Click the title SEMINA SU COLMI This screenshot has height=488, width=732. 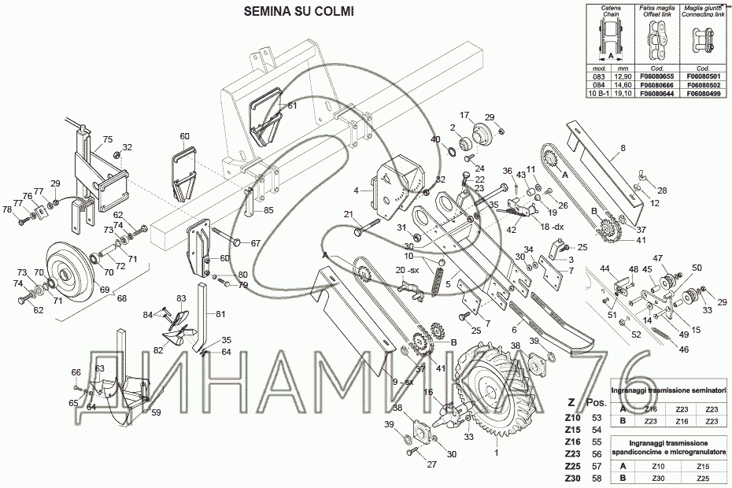coord(294,12)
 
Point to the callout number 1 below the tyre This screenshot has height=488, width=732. coord(496,453)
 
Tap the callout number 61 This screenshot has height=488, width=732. coord(292,105)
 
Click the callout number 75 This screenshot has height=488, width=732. coord(108,139)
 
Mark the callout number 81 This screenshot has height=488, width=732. coord(221,315)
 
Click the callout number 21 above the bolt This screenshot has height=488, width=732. coord(347,214)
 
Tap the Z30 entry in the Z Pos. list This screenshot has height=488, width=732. coord(572,478)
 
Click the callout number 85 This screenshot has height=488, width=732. coord(268,210)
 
